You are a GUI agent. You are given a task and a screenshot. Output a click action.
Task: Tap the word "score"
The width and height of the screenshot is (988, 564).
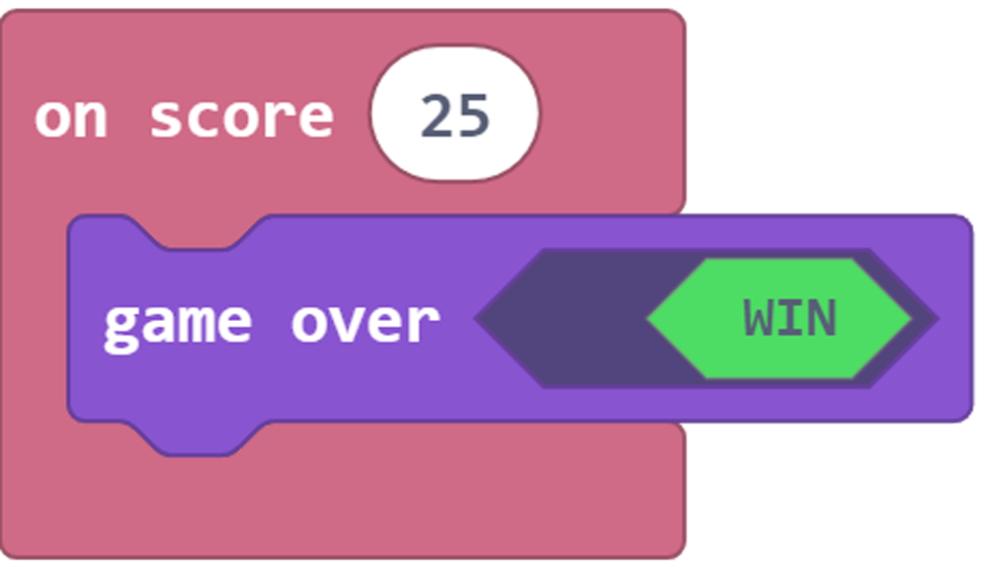click(x=241, y=118)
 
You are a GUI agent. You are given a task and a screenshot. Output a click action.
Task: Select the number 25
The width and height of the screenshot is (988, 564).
click(x=454, y=117)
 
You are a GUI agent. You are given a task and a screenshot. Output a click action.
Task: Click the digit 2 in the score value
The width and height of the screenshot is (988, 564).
click(x=437, y=117)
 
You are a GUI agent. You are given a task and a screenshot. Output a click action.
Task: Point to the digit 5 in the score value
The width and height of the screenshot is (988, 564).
click(x=473, y=117)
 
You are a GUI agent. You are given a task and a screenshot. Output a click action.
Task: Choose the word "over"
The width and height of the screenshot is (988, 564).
click(x=365, y=321)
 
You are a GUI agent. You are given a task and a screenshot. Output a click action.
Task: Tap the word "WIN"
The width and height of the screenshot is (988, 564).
click(x=789, y=318)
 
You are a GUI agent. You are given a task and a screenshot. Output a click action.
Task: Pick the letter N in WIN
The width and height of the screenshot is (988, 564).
click(x=822, y=318)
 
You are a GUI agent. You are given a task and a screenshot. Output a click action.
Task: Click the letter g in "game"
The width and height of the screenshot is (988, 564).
click(x=120, y=325)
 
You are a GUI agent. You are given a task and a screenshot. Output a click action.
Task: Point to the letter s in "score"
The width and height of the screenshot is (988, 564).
click(x=165, y=119)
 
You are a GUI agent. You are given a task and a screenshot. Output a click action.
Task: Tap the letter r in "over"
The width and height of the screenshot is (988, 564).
click(x=424, y=322)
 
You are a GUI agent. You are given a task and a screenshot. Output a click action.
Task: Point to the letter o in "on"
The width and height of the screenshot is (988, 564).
click(x=50, y=119)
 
